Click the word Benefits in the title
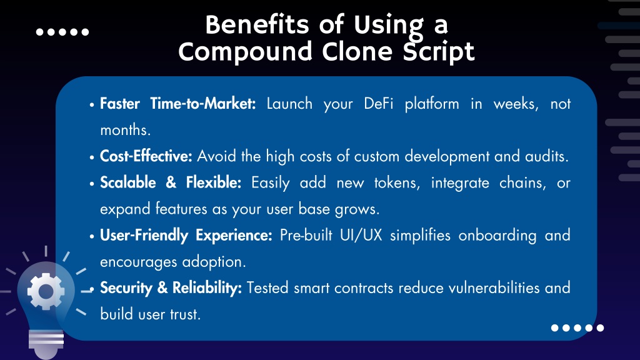(257, 24)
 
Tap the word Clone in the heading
(357, 52)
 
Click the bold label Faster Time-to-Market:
(178, 104)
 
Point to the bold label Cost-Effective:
(146, 156)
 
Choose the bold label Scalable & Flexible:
(171, 182)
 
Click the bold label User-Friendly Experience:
(186, 236)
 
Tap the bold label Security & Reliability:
(171, 288)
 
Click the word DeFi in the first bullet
(379, 104)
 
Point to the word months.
(125, 130)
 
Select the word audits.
(547, 156)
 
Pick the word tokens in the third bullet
(397, 183)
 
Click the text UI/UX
(361, 236)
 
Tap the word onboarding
(497, 236)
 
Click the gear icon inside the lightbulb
(46, 291)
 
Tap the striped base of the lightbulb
(46, 339)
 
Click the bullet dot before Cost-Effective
(92, 157)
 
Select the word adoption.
(214, 262)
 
